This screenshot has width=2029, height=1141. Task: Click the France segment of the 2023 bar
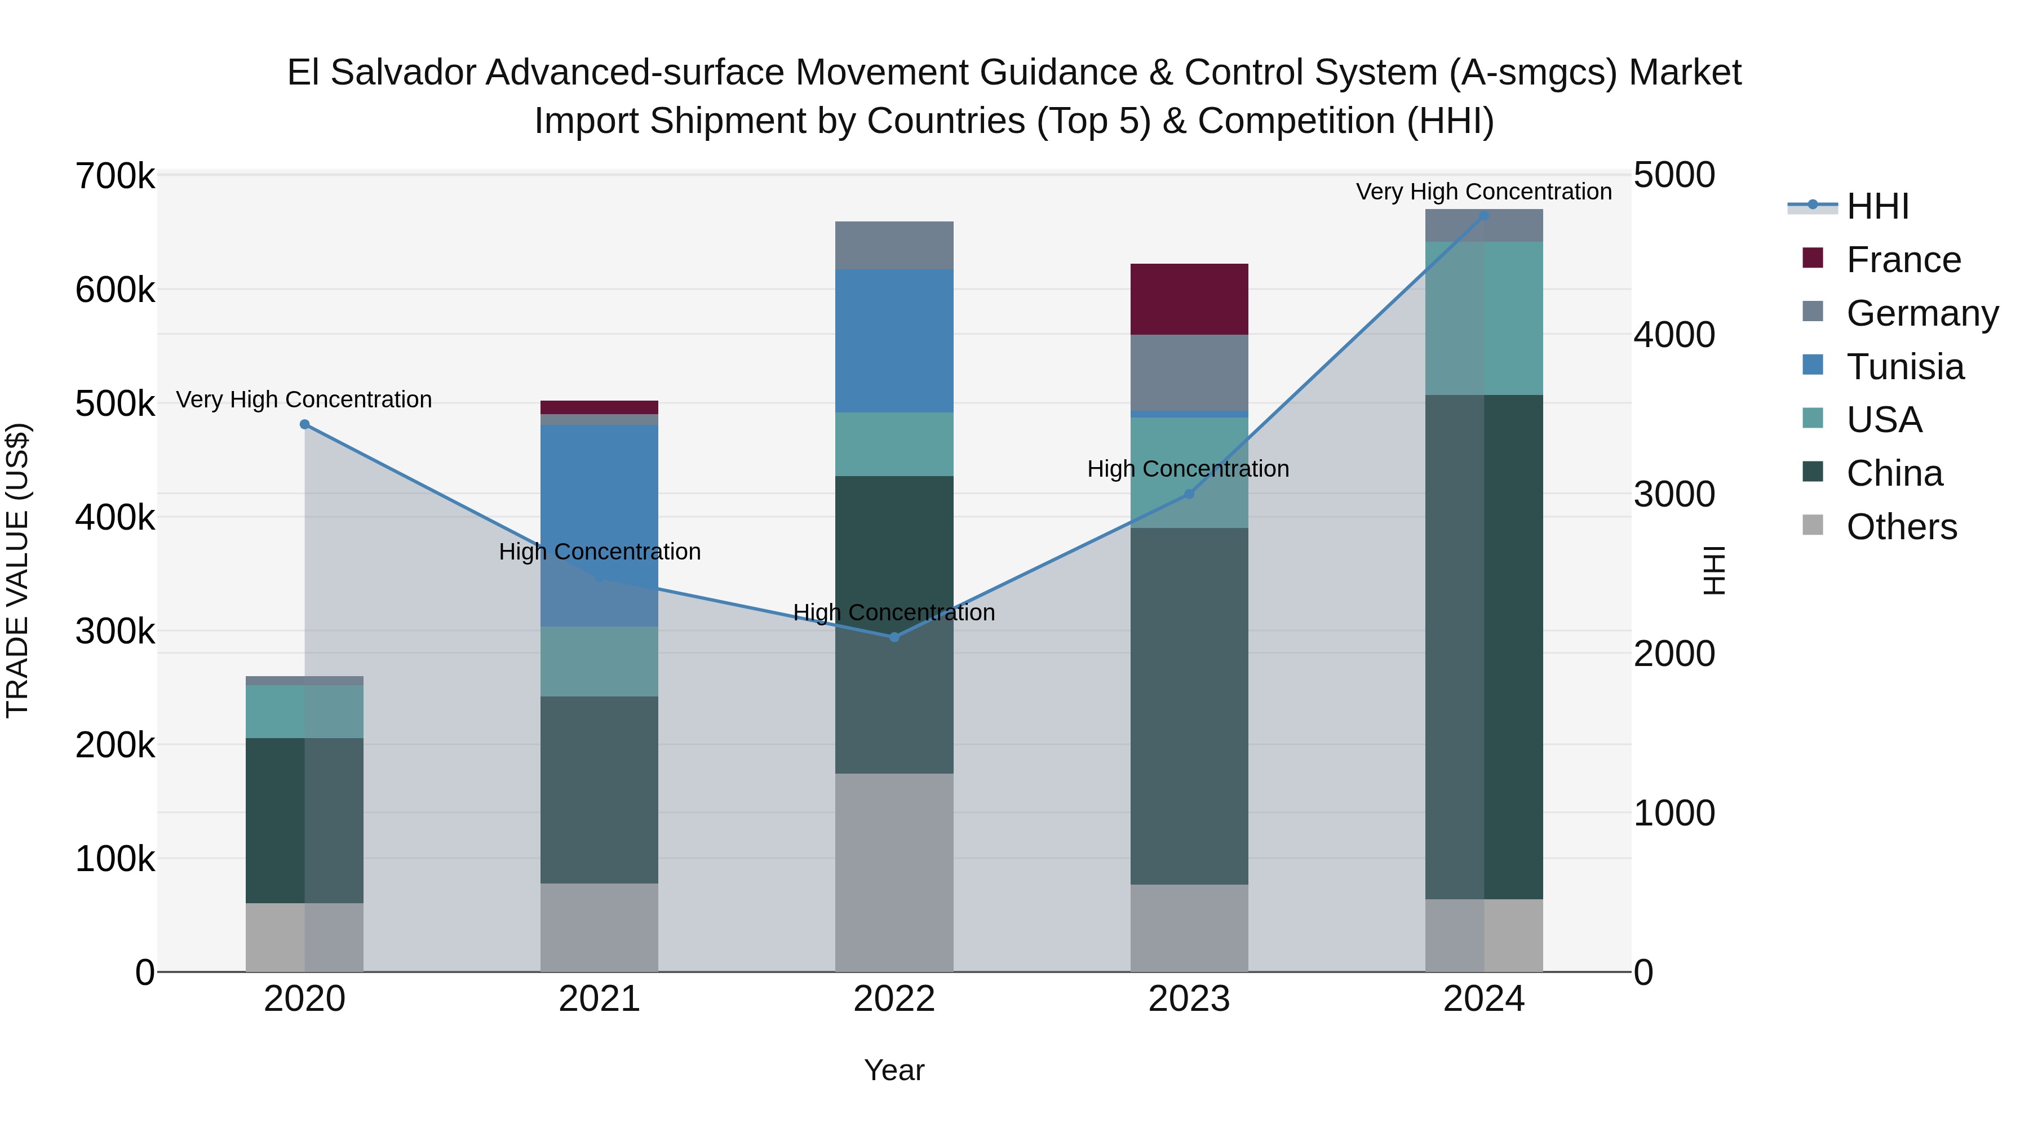(x=1189, y=299)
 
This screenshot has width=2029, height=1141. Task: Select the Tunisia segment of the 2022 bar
(x=894, y=341)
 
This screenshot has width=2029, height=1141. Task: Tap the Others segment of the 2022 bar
(x=894, y=872)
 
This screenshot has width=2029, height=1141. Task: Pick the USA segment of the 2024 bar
(x=1484, y=318)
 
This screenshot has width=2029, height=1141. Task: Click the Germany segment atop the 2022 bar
(x=894, y=245)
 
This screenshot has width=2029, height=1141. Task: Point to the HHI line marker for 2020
(x=305, y=424)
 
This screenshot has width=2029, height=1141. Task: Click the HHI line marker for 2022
(x=894, y=637)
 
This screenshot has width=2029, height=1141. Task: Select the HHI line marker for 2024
(x=1484, y=215)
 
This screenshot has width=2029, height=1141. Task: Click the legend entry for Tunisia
(x=1904, y=367)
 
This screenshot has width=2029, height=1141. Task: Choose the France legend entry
(x=1903, y=260)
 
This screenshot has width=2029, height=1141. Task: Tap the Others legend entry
(x=1902, y=527)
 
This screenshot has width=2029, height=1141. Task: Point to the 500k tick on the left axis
(x=115, y=404)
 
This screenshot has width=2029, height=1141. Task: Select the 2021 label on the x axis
(x=600, y=999)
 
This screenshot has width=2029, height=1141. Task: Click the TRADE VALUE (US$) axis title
(x=17, y=570)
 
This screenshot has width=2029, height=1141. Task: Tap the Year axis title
(x=894, y=1070)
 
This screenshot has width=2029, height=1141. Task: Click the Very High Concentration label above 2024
(x=1483, y=192)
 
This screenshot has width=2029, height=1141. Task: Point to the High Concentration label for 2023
(x=1188, y=469)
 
